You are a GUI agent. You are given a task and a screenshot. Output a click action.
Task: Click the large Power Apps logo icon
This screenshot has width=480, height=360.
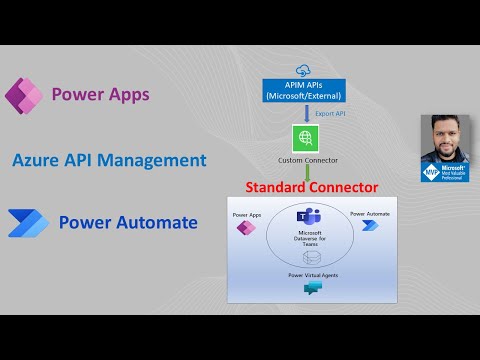pyautogui.click(x=23, y=96)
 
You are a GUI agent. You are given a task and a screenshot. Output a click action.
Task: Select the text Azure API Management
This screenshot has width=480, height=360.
pyautogui.click(x=110, y=160)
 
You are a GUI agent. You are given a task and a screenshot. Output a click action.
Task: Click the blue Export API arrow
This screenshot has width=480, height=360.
pyautogui.click(x=304, y=113)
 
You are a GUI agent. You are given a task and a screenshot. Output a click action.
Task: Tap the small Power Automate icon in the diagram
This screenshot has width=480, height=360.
pyautogui.click(x=371, y=226)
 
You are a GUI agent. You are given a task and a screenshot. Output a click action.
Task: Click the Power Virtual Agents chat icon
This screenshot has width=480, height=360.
pyautogui.click(x=313, y=289)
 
